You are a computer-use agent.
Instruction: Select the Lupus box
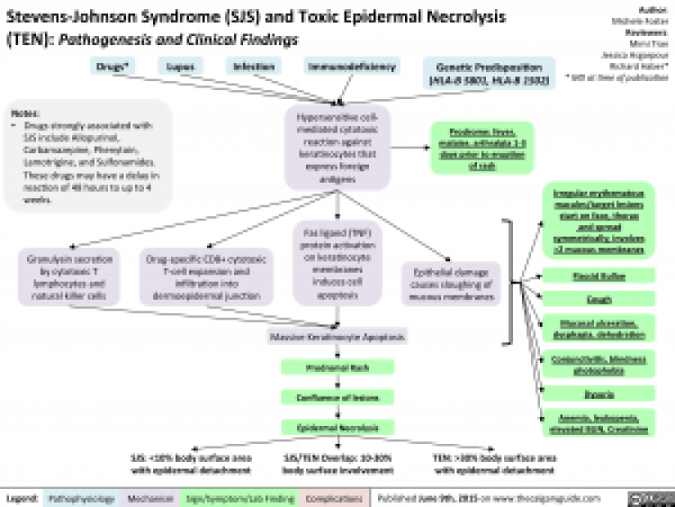pos(180,66)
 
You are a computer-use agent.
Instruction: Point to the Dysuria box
pos(601,393)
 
